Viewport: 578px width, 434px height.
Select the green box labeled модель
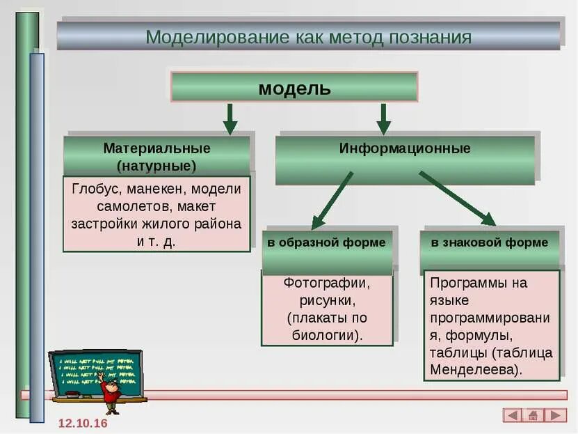294,88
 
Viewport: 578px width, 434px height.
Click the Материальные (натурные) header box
156,157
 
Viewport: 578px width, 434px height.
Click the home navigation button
534,415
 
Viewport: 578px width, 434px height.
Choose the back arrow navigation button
513,415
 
